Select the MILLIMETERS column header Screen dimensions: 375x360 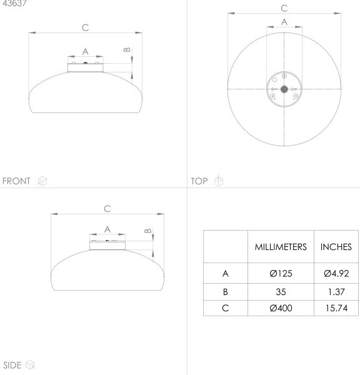[x=280, y=247]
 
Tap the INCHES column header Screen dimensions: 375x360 [x=336, y=247]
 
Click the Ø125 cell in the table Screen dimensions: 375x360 [x=280, y=273]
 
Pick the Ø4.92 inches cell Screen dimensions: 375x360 [x=336, y=273]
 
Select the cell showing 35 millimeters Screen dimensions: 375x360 [x=280, y=291]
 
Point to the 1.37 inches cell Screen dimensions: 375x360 [x=336, y=291]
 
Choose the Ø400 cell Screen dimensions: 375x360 [x=280, y=308]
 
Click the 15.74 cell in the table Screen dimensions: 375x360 [x=336, y=308]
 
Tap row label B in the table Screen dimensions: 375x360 [x=225, y=291]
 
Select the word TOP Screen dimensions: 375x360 [x=199, y=181]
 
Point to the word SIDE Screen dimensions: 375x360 [x=13, y=365]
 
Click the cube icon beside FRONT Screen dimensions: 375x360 [x=42, y=181]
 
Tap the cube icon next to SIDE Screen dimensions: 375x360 [x=31, y=365]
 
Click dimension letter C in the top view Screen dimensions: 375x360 [x=284, y=8]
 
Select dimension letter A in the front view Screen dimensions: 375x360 [x=85, y=51]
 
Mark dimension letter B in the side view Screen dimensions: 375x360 [x=148, y=231]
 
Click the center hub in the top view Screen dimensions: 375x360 [x=284, y=89]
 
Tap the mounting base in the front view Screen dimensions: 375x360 [x=85, y=66]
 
